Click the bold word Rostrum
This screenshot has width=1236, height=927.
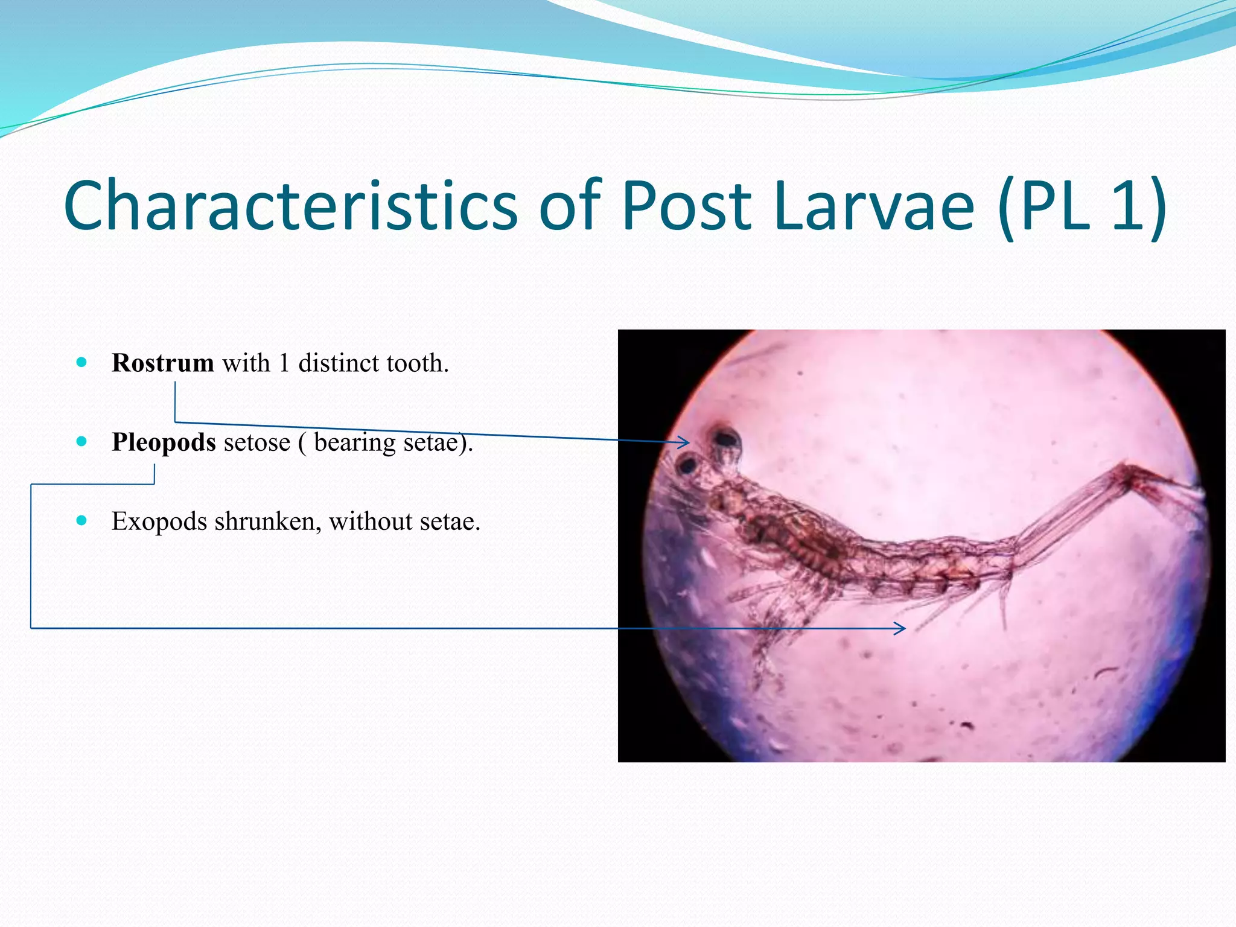tap(162, 363)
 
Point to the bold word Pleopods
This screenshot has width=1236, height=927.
tap(164, 442)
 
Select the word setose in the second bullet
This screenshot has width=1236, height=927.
tap(256, 442)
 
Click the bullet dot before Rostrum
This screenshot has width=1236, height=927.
tap(82, 363)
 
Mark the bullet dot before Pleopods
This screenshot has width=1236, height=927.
tap(82, 442)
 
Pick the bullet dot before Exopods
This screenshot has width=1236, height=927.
tap(82, 521)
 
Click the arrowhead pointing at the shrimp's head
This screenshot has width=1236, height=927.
tap(684, 442)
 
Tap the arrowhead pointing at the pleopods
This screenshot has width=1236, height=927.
tap(901, 628)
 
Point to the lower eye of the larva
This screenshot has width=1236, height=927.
tap(688, 465)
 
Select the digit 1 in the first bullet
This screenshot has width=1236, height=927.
tap(284, 363)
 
